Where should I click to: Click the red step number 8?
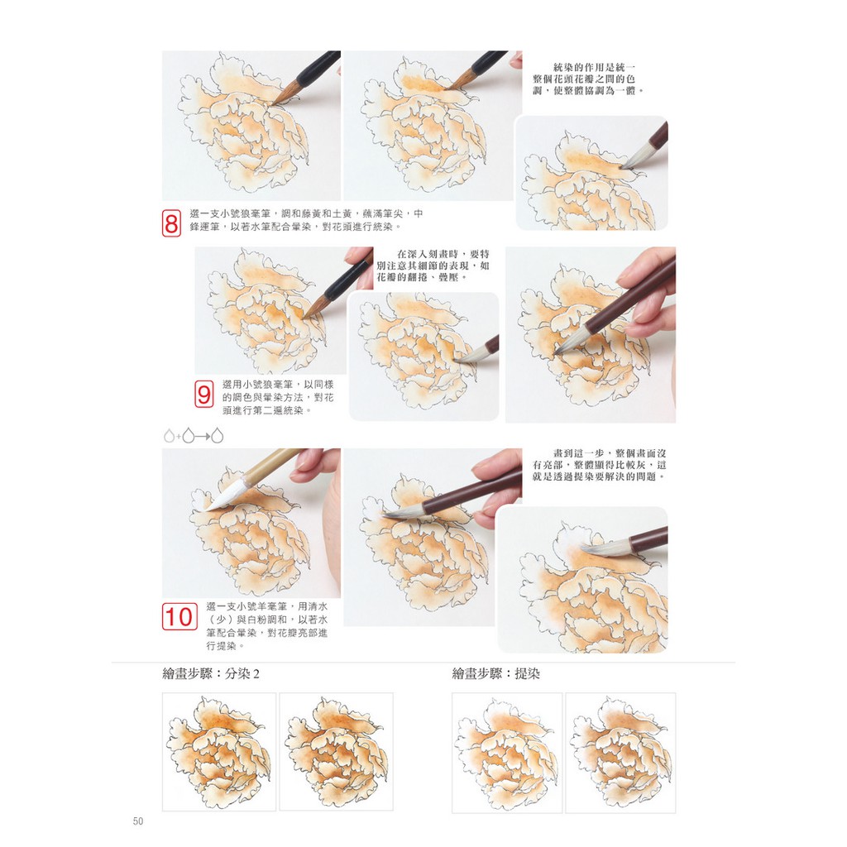(171, 223)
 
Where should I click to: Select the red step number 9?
(203, 395)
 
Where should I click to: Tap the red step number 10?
(179, 617)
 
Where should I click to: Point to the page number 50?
(138, 821)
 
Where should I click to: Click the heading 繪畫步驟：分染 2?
(211, 673)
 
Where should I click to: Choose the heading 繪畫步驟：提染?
(496, 673)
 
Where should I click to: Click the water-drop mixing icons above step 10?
(194, 435)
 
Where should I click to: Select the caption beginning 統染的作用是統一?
(588, 79)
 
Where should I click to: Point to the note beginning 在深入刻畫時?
(433, 266)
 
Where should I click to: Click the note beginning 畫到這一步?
(599, 465)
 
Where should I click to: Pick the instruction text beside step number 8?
(306, 220)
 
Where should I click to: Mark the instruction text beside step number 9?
(278, 398)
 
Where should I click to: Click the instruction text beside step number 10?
(267, 626)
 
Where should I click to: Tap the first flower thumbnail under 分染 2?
(219, 751)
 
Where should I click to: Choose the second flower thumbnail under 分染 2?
(336, 751)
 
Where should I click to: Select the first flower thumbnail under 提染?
(507, 753)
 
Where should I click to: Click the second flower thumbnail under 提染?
(620, 753)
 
